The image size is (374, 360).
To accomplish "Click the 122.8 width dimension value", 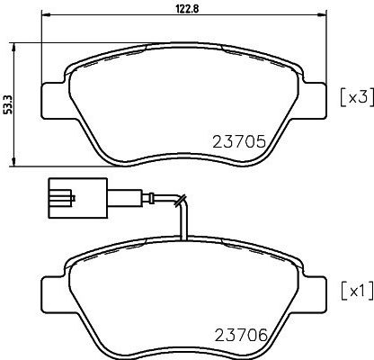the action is [186, 9].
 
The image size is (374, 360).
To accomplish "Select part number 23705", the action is [239, 141].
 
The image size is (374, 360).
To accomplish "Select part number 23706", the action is [241, 335].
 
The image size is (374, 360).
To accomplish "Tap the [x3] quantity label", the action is [358, 97].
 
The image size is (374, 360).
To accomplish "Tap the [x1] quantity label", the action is [358, 291].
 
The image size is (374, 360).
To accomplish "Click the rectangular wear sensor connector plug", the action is [77, 198].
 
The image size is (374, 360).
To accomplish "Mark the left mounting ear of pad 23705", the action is [55, 100].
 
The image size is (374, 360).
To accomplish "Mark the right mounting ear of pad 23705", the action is [313, 100].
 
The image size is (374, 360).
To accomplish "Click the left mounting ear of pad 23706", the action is [55, 293].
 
